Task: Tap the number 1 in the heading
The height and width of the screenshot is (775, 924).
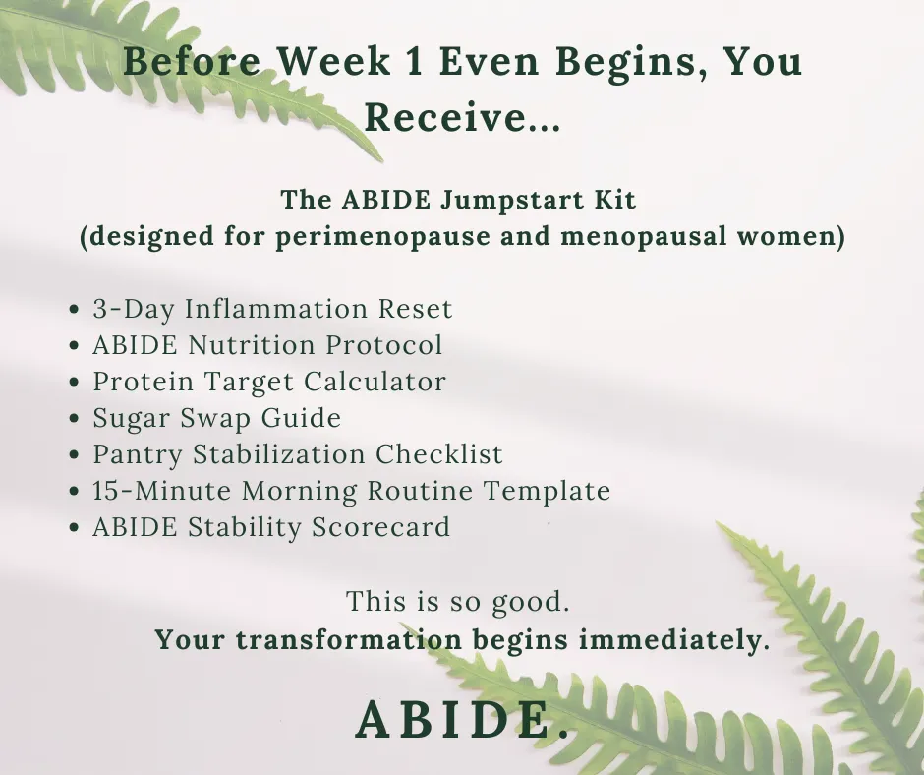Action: point(414,61)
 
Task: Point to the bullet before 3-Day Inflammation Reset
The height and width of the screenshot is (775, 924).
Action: point(74,309)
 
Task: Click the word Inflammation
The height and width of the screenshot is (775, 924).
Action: point(277,309)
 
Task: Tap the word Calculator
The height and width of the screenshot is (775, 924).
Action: point(375,382)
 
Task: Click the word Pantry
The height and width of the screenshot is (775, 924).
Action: point(138,455)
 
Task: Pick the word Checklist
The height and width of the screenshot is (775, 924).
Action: point(439,454)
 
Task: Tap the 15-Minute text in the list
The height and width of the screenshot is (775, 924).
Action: point(162,491)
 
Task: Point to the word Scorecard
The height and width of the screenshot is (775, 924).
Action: point(380,527)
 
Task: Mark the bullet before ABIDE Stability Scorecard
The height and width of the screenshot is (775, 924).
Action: point(74,527)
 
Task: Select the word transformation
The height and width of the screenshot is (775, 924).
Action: point(349,640)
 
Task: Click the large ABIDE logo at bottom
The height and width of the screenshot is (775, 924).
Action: point(462,720)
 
